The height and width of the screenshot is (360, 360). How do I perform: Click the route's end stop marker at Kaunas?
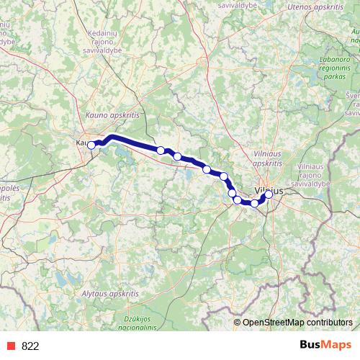pyautogui.click(x=91, y=145)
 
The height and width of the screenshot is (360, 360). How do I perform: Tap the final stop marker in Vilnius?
pyautogui.click(x=269, y=194)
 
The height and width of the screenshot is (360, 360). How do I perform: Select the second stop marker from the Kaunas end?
pyautogui.click(x=161, y=150)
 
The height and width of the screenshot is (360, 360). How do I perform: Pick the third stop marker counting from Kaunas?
pyautogui.click(x=177, y=156)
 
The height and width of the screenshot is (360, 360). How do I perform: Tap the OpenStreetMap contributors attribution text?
pyautogui.click(x=297, y=322)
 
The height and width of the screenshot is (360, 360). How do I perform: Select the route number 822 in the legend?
pyautogui.click(x=30, y=346)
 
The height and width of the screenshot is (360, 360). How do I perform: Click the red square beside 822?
pyautogui.click(x=12, y=346)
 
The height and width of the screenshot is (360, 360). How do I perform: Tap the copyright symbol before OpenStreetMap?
pyautogui.click(x=237, y=322)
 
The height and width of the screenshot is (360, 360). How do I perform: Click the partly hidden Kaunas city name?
pyautogui.click(x=81, y=143)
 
